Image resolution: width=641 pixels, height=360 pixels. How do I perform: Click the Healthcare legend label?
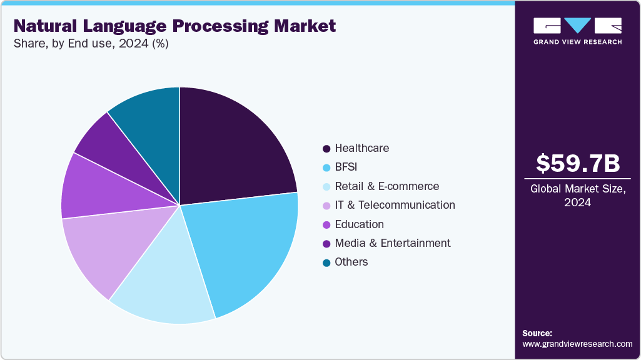pos(361,148)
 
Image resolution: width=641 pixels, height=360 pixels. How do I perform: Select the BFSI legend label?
pos(347,167)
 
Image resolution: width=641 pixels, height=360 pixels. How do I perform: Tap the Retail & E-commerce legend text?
pos(386,186)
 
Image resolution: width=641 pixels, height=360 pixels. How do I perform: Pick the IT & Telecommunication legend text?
pos(395,205)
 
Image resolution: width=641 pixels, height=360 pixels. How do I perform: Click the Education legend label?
pos(359,224)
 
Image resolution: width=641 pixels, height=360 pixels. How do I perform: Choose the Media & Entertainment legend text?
pos(392,242)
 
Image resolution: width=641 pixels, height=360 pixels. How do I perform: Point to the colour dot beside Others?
pos(326,262)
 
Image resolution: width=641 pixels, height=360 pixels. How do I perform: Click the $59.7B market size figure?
pos(578,163)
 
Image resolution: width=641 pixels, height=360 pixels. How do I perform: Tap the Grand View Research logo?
pos(577,31)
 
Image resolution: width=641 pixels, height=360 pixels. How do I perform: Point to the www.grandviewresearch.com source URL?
pos(577,344)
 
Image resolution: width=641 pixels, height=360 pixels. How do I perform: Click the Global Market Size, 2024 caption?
pos(578,196)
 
